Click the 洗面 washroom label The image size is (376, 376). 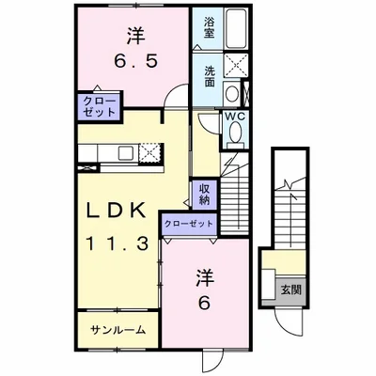tap(208, 71)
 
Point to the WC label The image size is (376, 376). tap(235, 117)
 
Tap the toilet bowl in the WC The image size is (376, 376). tap(235, 137)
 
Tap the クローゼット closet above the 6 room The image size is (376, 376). tap(188, 224)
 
